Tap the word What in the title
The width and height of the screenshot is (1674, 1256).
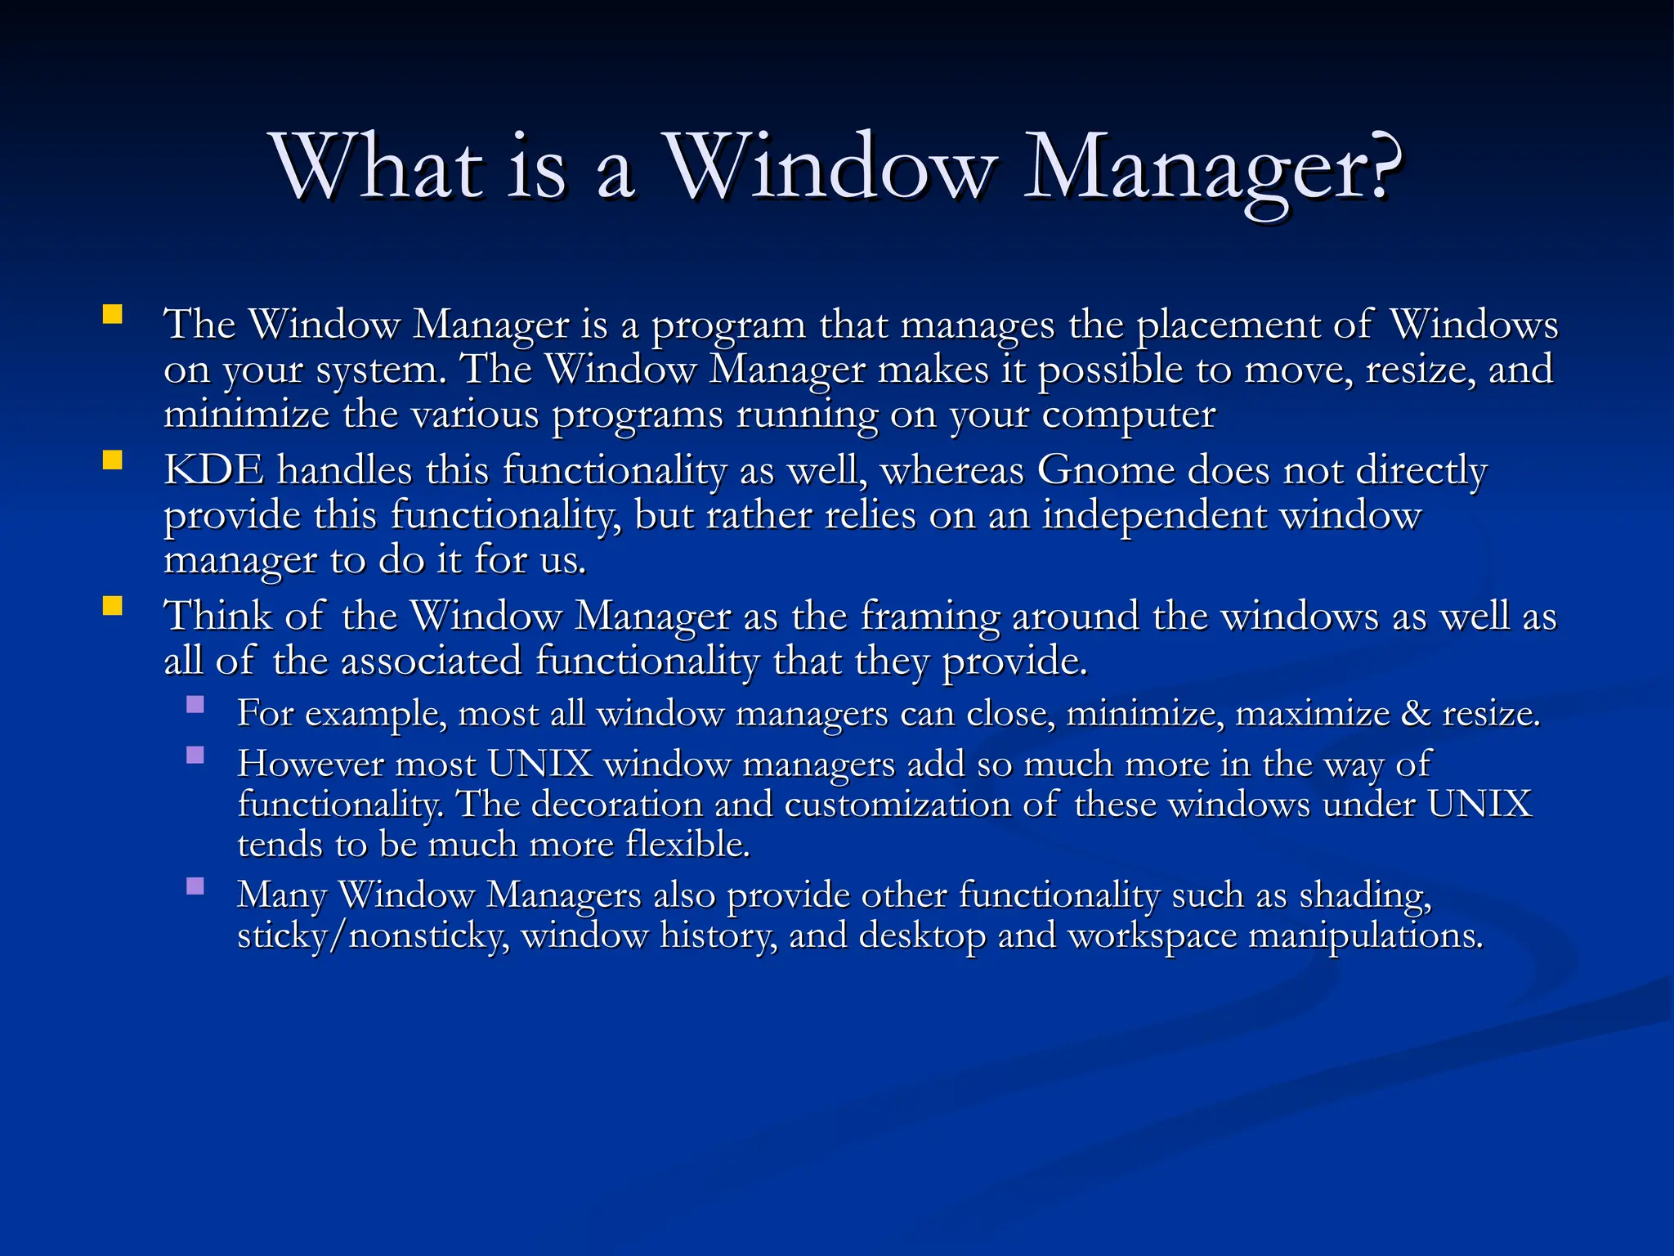[378, 168]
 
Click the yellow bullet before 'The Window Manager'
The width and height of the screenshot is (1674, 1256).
[113, 315]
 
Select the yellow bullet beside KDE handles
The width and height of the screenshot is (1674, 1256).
[113, 460]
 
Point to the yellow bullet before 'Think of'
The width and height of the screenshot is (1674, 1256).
[113, 606]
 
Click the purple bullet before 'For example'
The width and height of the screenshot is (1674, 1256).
[195, 704]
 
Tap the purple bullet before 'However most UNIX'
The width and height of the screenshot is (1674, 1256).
[195, 755]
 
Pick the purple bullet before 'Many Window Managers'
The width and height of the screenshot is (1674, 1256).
[195, 886]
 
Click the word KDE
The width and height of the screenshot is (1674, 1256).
[214, 470]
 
